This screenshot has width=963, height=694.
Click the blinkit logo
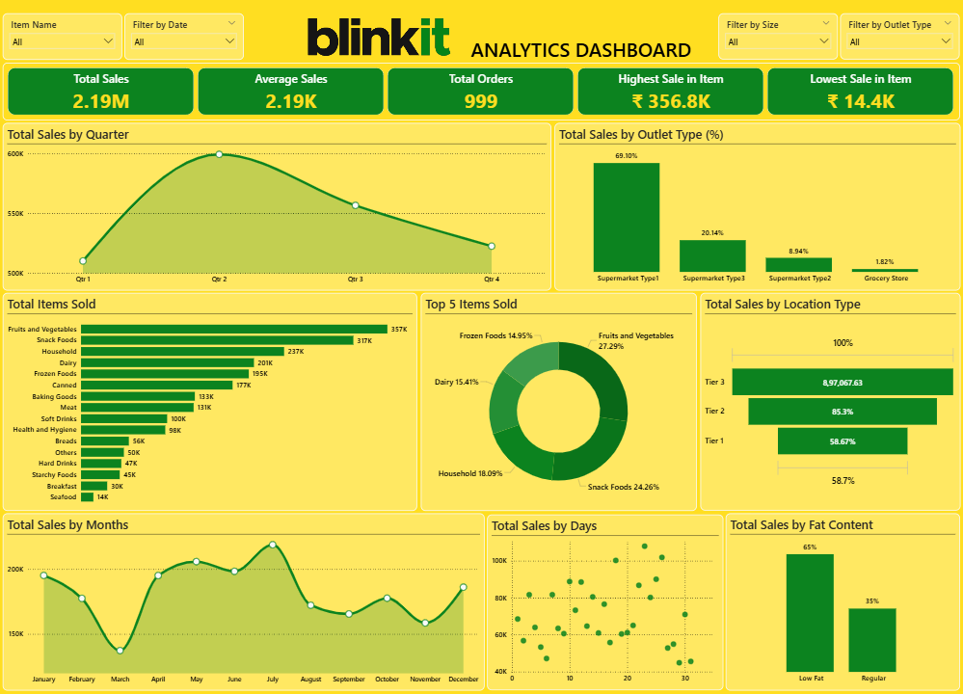pos(378,38)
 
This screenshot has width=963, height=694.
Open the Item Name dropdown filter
pos(64,41)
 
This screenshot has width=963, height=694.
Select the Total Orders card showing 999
pos(480,92)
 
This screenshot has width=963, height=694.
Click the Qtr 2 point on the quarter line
pos(219,154)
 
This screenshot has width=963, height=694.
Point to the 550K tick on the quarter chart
pos(14,214)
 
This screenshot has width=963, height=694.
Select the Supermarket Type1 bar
pos(627,217)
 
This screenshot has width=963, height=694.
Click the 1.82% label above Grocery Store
pos(885,261)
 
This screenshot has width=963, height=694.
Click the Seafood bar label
pos(64,497)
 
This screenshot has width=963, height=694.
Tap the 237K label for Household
pos(295,352)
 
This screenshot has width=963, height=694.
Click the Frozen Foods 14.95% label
pos(495,335)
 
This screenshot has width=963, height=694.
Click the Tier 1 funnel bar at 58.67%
pos(842,440)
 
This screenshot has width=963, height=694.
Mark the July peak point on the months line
pos(273,545)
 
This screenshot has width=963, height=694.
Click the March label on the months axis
pos(120,680)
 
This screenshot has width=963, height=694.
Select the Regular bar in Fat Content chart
pos(871,640)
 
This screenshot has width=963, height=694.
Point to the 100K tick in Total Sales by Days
pos(499,560)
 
